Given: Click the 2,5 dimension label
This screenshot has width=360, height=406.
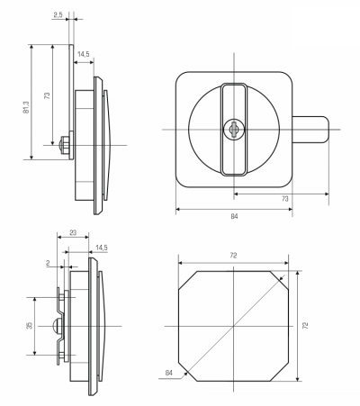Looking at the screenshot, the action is coord(58,14).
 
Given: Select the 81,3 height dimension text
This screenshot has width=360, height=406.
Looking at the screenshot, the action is coord(26,107).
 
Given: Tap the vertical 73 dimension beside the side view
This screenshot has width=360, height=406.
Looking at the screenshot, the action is coord(47,95).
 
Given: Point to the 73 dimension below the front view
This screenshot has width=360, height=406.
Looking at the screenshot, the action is coord(285,199).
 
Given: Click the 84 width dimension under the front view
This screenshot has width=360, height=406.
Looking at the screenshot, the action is coord(234,216).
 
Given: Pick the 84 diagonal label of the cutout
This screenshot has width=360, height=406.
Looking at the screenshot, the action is coord(169,373).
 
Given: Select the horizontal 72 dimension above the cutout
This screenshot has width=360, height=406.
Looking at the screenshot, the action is coord(233,256).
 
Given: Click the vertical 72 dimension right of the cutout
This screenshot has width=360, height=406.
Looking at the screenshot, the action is coord(305,326).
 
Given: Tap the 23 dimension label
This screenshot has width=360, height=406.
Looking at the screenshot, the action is coord(73,232).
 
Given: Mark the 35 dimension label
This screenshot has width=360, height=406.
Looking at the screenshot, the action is coord(29,326).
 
